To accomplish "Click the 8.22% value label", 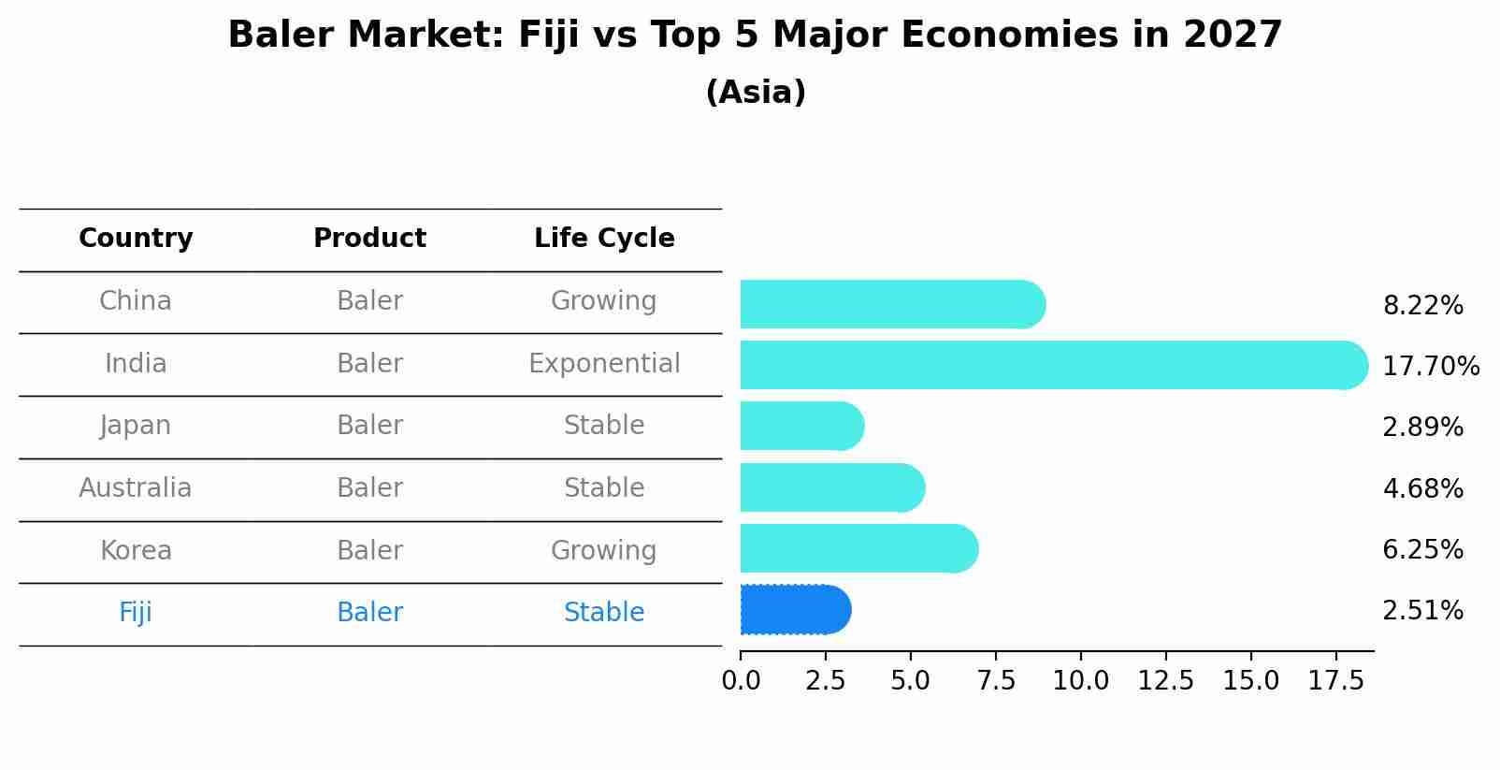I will (1422, 306).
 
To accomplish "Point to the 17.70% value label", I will (1430, 366).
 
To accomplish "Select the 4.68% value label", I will (1422, 488).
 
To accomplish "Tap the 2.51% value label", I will (1422, 611).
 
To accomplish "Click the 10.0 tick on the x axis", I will (1081, 681).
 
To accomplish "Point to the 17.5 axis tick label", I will (1336, 681).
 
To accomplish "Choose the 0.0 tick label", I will (741, 681).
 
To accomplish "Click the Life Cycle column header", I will (604, 239).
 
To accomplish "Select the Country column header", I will (136, 239).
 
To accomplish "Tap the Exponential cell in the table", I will (604, 363).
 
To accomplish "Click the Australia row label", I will (136, 487).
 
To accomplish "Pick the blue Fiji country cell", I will (136, 612).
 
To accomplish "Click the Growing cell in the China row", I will (604, 300).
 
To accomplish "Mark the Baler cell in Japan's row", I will (369, 425).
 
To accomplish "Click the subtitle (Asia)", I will (756, 93).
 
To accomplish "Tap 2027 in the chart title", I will (1232, 36).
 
